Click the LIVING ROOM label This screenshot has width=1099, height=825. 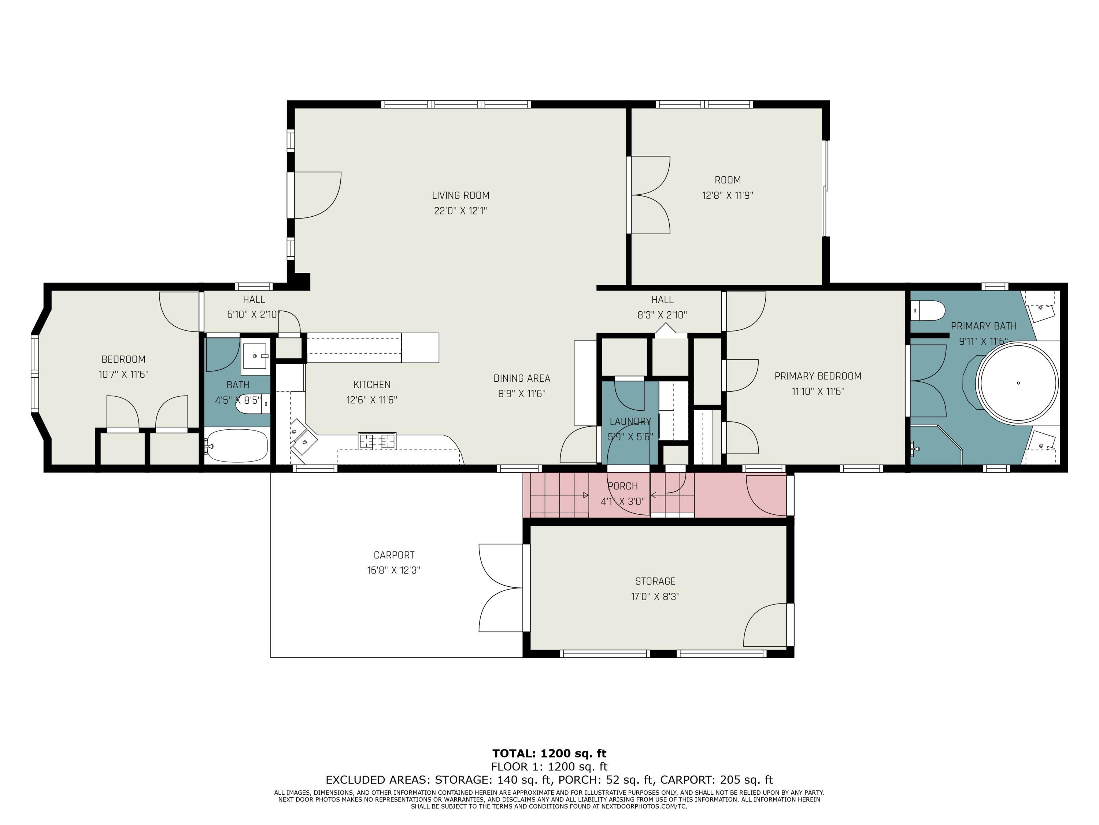460,195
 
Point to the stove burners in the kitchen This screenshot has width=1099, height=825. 377,441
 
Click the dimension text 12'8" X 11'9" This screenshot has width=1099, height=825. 728,195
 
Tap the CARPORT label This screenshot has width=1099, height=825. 394,555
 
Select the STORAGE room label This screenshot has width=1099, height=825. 655,581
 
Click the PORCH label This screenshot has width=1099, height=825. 622,486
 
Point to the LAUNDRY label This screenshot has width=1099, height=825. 630,421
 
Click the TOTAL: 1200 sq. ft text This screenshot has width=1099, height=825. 549,753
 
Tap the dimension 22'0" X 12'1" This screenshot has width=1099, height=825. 460,211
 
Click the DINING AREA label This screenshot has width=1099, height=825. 522,378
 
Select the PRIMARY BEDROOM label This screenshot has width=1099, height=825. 818,376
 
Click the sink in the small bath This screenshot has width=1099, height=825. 255,356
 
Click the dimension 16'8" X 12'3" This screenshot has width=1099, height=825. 393,571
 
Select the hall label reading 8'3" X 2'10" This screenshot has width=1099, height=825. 662,315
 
